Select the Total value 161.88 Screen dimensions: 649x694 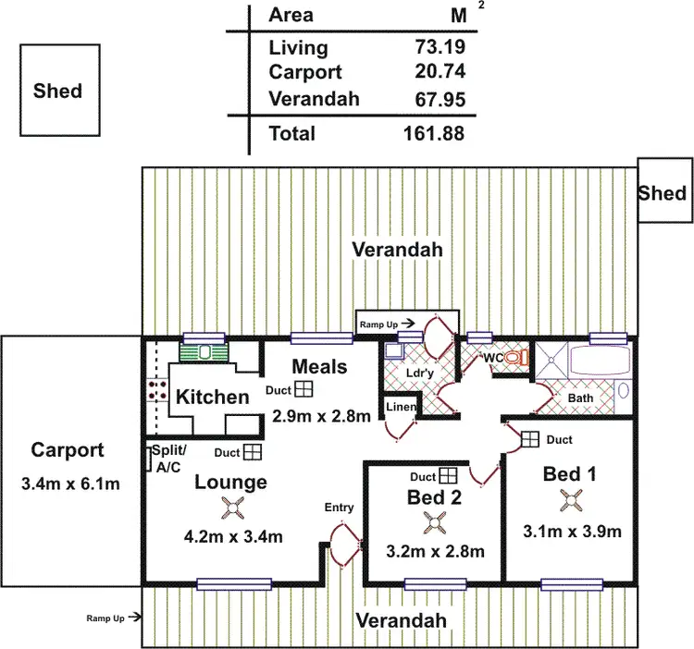[433, 133]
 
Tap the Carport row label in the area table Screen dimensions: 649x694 [304, 72]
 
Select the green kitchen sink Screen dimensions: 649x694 [204, 353]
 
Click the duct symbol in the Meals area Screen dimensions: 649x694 [304, 390]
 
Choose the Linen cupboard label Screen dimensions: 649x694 [401, 408]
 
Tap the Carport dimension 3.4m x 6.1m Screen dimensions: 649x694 [68, 484]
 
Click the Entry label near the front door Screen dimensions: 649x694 [339, 508]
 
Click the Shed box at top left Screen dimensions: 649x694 [57, 91]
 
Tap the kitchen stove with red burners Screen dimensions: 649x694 [154, 391]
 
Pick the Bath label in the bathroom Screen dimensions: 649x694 [581, 398]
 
